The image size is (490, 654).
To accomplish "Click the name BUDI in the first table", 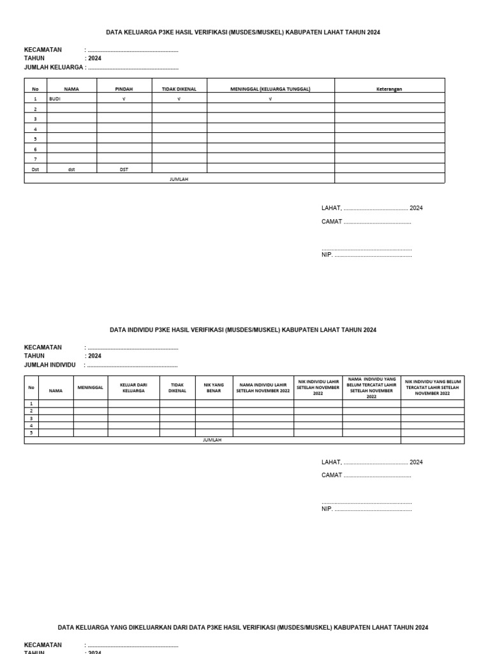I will pos(55,99).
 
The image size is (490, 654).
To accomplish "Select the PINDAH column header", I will pos(124,89).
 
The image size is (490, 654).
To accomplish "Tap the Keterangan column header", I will pos(389,89).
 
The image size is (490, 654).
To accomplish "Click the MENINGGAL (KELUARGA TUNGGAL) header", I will pos(270,89).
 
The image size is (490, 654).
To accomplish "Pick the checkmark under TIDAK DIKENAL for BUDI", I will pos(179,99).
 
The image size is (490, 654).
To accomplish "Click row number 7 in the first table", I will pos(35,159).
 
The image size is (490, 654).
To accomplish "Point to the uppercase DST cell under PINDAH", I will pos(124,169).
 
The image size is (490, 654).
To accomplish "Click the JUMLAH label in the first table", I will pos(179,179).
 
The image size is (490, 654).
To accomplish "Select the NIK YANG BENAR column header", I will pos(213,387).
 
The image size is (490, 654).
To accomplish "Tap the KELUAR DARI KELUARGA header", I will pos(133,387).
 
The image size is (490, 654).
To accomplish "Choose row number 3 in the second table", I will pos(31,418).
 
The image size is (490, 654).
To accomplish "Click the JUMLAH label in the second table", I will pos(212,440).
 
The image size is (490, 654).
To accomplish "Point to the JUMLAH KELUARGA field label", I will pos(54,67).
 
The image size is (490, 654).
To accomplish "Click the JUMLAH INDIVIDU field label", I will pos(50,365).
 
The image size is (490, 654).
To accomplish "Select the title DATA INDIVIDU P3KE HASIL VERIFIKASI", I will pos(243,330).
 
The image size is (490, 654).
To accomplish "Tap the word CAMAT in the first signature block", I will pos(332,222).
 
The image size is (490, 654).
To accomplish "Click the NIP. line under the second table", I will pos(327,509).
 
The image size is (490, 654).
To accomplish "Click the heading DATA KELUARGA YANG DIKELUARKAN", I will pos(243,628).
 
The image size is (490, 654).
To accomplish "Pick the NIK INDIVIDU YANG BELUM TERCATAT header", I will pos(433,387).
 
